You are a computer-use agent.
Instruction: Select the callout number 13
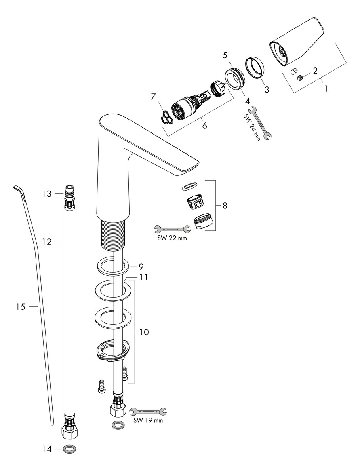47,194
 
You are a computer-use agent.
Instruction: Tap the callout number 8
225,206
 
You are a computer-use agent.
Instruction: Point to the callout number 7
153,97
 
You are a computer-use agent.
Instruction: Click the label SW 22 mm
172,238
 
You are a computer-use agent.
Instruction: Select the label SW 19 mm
148,420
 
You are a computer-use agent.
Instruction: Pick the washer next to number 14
70,449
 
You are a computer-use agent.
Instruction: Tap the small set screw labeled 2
300,78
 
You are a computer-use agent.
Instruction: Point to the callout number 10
143,332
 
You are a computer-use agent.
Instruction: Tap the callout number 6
204,126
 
